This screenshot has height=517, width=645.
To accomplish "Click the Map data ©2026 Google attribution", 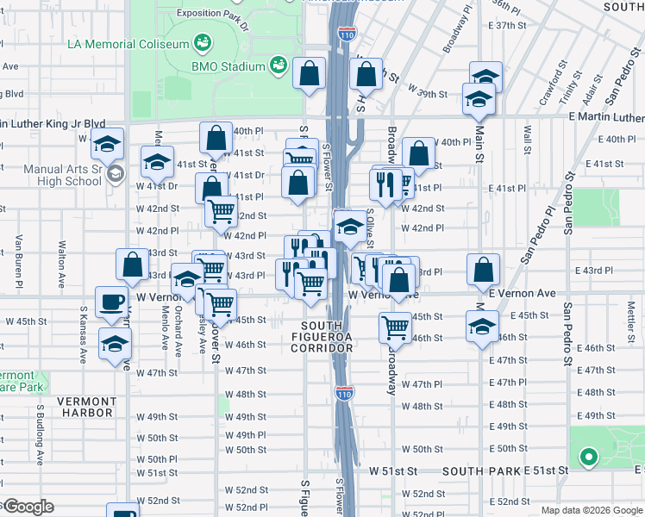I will tap(592, 510).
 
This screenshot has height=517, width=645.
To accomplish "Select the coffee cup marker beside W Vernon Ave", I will tap(110, 302).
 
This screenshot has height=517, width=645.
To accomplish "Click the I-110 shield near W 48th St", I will tap(341, 393).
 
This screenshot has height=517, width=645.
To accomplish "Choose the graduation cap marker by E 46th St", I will tap(481, 327).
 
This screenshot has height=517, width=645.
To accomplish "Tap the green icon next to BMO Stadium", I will tap(279, 65).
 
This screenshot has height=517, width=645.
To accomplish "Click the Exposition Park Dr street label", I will tap(211, 14).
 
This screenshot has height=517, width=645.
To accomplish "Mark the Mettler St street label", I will tap(630, 312).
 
